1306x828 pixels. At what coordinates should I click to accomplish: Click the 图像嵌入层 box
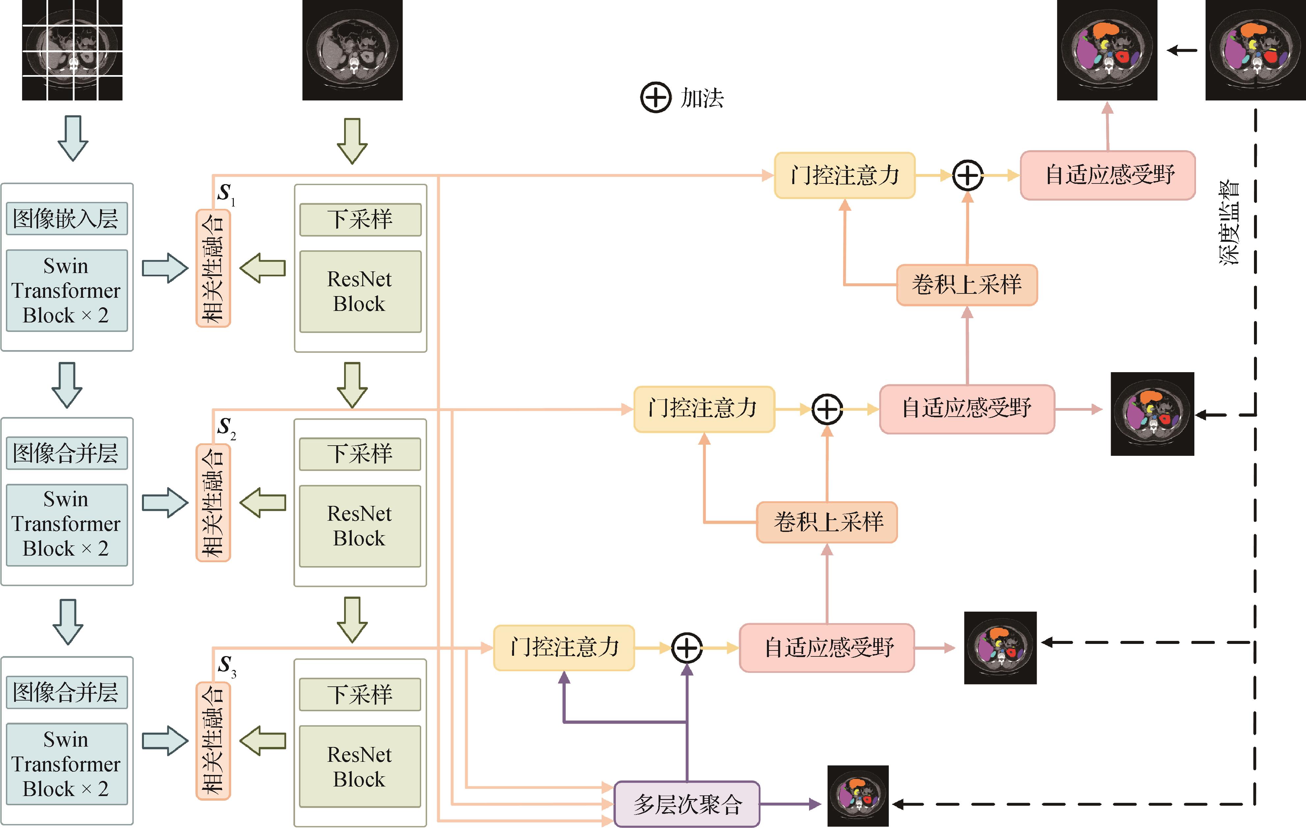coord(67,219)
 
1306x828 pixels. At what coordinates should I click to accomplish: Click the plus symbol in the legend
coord(656,98)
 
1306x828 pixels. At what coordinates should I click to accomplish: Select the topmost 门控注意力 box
coord(844,175)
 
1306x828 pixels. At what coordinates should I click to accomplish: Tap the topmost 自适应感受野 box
coord(1107,175)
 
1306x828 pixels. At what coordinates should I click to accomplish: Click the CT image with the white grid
coord(72,50)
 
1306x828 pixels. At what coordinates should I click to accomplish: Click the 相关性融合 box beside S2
coord(213,503)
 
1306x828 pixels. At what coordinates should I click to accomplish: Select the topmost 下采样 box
coord(360,220)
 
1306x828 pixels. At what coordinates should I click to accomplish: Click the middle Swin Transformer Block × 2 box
coord(67,524)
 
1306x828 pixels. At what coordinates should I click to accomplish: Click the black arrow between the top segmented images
coord(1182,50)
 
